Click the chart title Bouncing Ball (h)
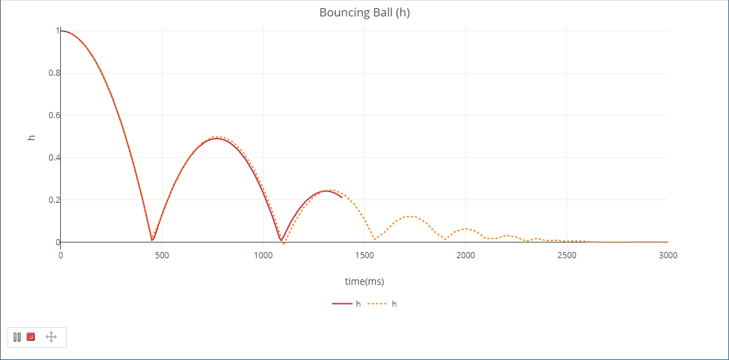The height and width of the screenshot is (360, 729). point(364,13)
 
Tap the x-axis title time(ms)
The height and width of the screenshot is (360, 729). point(364,281)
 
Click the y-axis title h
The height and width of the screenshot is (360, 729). point(31,137)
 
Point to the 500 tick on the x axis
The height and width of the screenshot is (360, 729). point(162,255)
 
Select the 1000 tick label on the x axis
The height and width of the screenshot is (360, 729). point(263,255)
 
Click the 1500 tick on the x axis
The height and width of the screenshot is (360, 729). point(364,255)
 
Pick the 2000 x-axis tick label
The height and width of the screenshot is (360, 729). point(465,255)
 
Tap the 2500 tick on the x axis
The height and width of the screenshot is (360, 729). point(566,255)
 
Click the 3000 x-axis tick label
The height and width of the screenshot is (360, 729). point(668,255)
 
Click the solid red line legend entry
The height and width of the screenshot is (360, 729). point(346,303)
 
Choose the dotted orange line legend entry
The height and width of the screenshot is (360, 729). point(382,303)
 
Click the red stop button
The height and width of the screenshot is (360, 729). point(31,337)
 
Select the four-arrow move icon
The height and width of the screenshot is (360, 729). point(51,337)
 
